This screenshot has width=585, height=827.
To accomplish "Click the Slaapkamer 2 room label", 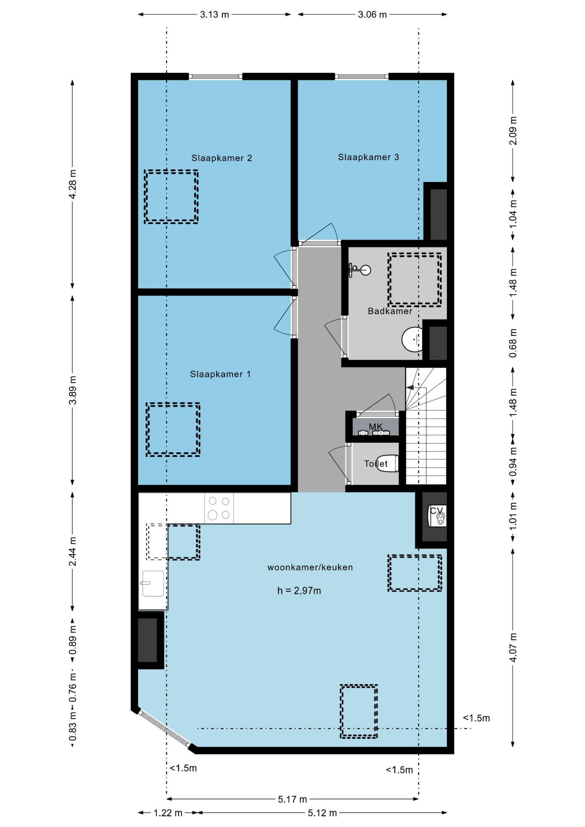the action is (x=221, y=158).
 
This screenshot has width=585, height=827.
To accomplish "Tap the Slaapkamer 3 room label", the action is (x=368, y=157).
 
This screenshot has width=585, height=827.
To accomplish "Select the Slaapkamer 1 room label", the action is (x=220, y=374).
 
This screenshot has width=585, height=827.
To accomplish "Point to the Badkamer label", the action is (x=390, y=311).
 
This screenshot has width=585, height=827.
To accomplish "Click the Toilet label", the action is (x=376, y=463).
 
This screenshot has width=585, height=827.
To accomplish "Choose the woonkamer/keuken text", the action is (x=310, y=567).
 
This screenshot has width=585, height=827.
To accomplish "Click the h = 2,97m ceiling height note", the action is (x=299, y=591).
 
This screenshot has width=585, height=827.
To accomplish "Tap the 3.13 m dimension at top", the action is (x=215, y=15).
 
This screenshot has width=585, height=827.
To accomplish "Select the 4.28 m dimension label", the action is (x=73, y=184).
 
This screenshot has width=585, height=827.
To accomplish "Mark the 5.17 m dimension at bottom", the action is (x=292, y=799).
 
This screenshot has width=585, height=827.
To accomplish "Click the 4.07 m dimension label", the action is (x=513, y=647).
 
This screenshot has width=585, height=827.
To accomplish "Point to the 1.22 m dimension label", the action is (x=168, y=813).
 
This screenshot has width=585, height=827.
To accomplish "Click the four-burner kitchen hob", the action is (x=219, y=508).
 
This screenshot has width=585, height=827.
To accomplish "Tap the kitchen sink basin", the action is (x=152, y=584).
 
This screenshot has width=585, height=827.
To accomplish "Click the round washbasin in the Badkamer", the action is (x=413, y=339).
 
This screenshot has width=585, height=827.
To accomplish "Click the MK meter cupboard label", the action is (x=376, y=427).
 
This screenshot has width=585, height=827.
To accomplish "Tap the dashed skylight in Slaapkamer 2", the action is (x=171, y=196).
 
